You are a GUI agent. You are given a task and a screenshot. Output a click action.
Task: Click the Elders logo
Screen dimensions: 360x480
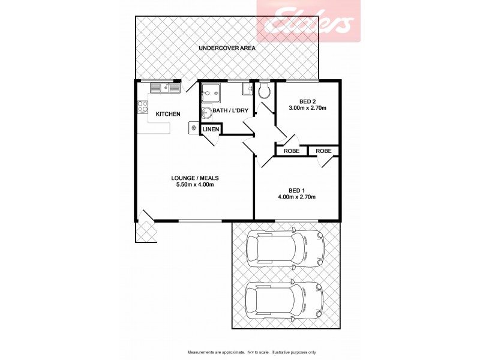tap(308, 22)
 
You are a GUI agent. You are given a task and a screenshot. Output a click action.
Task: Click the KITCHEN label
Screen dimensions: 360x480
tap(168, 114)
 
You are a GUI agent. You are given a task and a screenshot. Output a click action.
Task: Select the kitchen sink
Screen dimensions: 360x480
tap(165, 89)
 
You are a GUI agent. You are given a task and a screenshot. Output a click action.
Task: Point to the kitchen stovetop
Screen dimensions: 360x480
tap(143, 107)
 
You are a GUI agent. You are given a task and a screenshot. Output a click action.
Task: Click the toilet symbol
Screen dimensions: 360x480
tap(264, 91)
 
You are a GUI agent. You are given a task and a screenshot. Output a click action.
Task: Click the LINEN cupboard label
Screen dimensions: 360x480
tap(211, 130)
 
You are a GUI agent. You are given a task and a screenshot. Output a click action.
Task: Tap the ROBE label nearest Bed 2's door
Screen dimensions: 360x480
tap(291, 151)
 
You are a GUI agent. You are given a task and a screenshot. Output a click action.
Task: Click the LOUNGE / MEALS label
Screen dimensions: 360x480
tap(194, 178)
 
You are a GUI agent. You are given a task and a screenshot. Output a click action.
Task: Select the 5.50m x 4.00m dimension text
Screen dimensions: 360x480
tap(194, 185)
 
